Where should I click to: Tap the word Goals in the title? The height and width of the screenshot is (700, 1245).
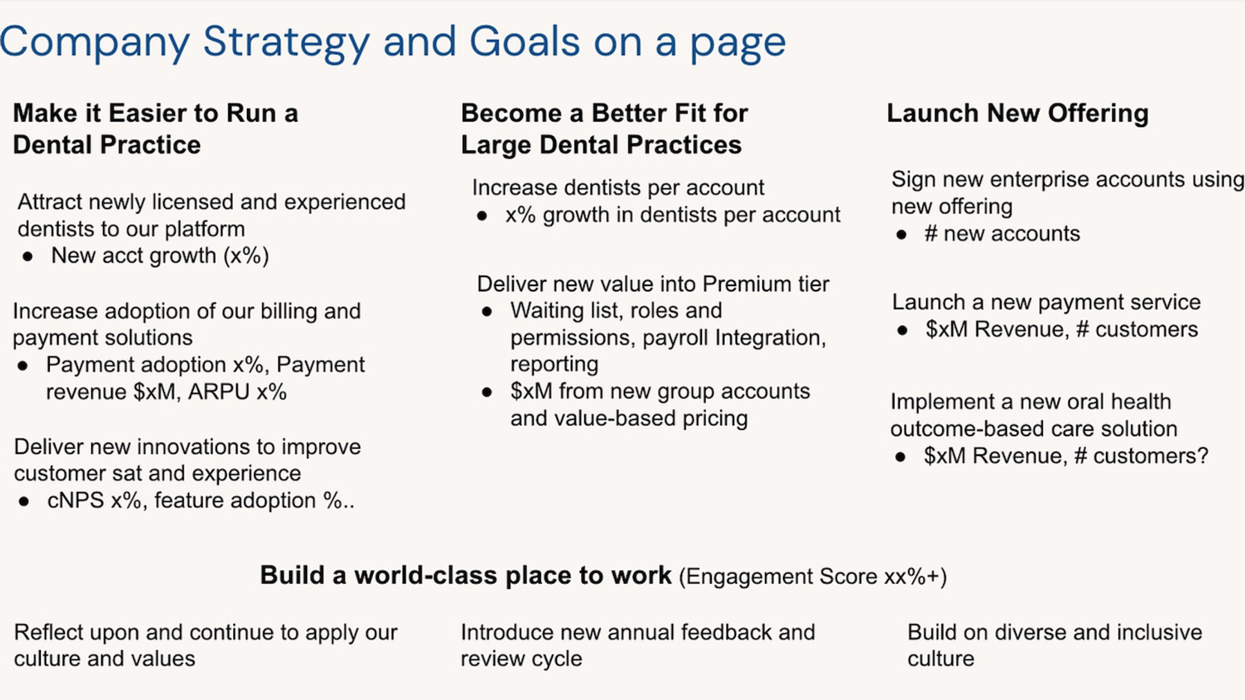pyautogui.click(x=524, y=41)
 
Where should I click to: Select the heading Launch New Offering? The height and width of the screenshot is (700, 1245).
pyautogui.click(x=1017, y=113)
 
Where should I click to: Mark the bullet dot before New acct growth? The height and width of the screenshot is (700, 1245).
pyautogui.click(x=28, y=256)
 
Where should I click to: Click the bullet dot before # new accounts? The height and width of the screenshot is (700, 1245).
pyautogui.click(x=901, y=235)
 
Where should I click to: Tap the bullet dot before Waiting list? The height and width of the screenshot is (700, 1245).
pyautogui.click(x=487, y=312)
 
